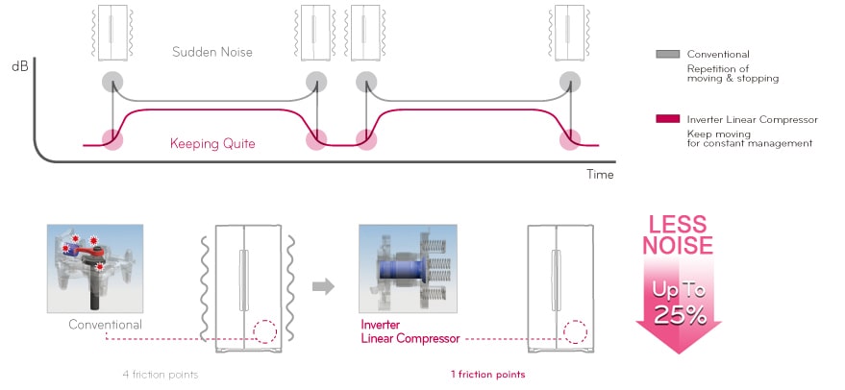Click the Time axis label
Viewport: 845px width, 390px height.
click(x=599, y=174)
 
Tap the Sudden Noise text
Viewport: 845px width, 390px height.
click(x=212, y=52)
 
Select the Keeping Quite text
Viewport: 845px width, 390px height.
click(x=211, y=144)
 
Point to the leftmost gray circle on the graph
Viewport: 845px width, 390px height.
click(x=112, y=82)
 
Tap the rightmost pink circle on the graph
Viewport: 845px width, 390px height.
click(x=572, y=141)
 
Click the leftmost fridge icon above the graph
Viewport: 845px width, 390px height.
click(x=112, y=31)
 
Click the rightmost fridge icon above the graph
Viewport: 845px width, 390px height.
click(x=571, y=31)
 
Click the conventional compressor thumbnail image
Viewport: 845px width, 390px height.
click(x=95, y=268)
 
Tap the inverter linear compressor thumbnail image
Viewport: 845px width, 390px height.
click(x=406, y=268)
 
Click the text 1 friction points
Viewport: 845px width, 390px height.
click(x=486, y=374)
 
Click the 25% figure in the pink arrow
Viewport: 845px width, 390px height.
click(x=679, y=313)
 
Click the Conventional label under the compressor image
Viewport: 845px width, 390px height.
click(x=105, y=325)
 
